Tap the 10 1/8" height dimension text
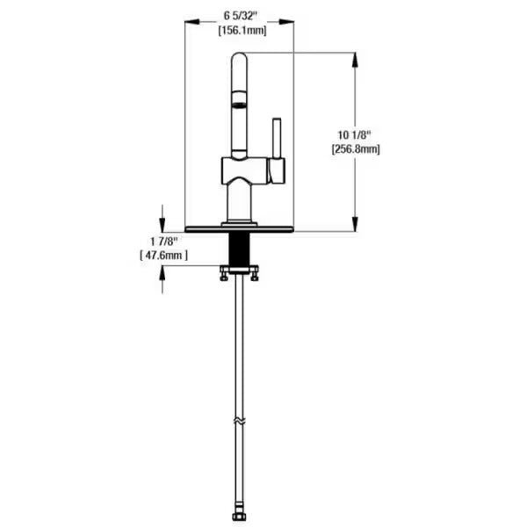(355, 134)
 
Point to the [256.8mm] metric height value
(356, 149)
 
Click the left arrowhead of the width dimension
(188, 24)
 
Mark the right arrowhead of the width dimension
(290, 24)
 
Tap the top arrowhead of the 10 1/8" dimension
(355, 57)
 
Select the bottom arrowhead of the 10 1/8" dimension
(355, 227)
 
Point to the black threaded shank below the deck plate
(238, 249)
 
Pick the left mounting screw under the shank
(223, 276)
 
